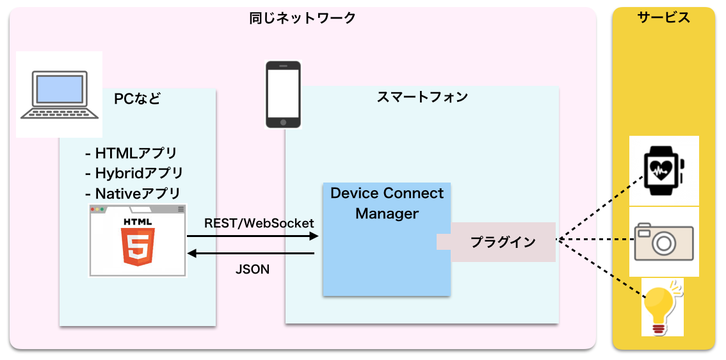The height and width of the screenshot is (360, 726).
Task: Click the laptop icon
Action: (x=60, y=95)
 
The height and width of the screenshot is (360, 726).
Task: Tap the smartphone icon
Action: (x=283, y=94)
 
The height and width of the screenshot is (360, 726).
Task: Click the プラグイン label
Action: (x=503, y=242)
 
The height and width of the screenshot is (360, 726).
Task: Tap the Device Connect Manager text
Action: (x=387, y=204)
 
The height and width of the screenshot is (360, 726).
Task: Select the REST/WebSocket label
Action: (x=259, y=223)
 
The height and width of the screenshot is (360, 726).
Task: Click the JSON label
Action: (x=252, y=269)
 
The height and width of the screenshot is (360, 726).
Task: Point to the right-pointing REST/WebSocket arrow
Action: (x=253, y=236)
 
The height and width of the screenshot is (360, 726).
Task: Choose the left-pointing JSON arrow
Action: (x=251, y=254)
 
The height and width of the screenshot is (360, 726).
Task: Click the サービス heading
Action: (x=663, y=17)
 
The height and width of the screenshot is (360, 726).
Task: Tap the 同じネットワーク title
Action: (x=302, y=19)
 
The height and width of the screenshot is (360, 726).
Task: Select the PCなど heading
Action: (x=137, y=99)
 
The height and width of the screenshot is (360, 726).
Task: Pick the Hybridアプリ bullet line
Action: (x=134, y=174)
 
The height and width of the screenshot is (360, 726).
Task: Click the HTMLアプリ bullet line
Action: (x=131, y=152)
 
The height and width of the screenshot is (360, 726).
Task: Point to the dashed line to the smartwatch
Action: (x=601, y=207)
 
